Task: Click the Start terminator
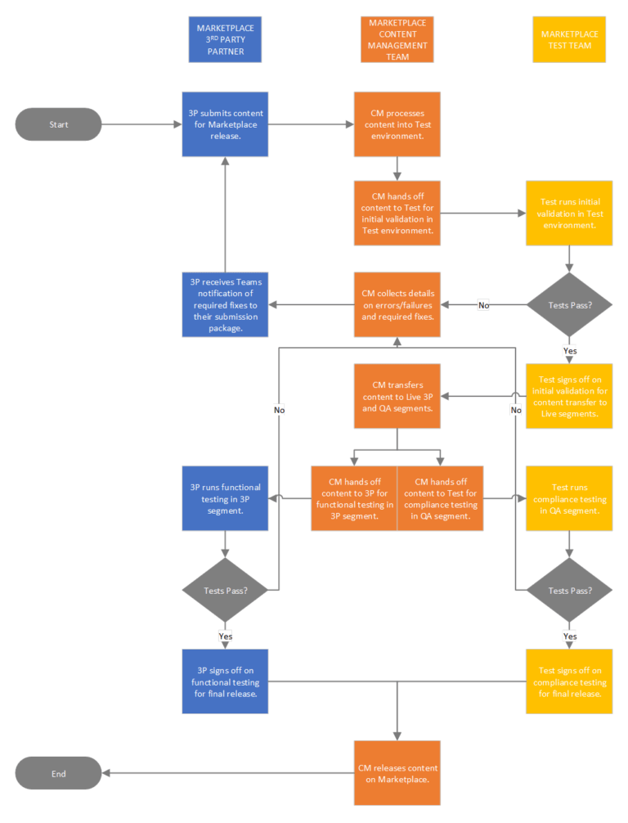58,124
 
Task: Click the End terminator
58,773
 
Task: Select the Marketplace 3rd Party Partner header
225,40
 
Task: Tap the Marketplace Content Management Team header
397,40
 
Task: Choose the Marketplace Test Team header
569,40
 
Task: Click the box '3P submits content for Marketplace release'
225,124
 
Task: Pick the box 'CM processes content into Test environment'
397,124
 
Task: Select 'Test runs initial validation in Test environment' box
569,214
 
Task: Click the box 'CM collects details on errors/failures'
397,304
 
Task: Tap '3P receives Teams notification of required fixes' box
225,304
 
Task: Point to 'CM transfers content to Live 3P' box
397,396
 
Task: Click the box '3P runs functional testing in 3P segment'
225,498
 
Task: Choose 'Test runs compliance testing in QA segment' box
569,498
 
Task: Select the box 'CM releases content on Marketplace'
397,773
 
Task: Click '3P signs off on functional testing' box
225,681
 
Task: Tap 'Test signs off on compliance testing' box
569,681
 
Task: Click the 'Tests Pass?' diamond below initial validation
569,304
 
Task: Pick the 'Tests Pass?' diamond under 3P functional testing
225,590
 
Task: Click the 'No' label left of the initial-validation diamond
483,305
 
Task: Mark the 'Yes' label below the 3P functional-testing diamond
226,636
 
